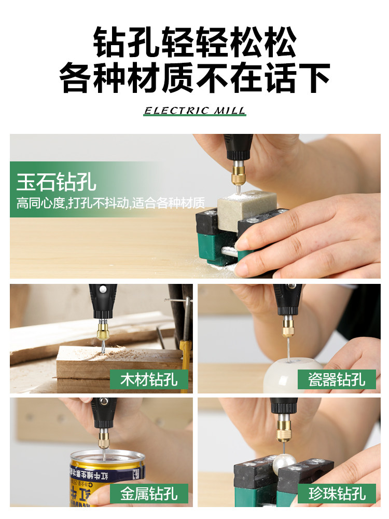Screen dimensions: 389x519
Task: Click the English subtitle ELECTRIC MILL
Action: pyautogui.click(x=195, y=111)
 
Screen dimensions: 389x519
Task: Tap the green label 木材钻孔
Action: pyautogui.click(x=149, y=379)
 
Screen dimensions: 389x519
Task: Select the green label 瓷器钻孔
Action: pyautogui.click(x=337, y=379)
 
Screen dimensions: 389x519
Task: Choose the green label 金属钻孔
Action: pyautogui.click(x=149, y=494)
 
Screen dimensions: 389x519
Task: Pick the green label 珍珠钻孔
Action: pyautogui.click(x=337, y=494)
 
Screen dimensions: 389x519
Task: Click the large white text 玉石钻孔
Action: pyautogui.click(x=56, y=182)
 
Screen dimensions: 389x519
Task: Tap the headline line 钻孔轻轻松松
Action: pyautogui.click(x=195, y=43)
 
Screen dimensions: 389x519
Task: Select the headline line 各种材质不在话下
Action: pyautogui.click(x=195, y=78)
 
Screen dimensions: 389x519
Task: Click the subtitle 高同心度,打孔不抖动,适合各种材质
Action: pyautogui.click(x=110, y=203)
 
